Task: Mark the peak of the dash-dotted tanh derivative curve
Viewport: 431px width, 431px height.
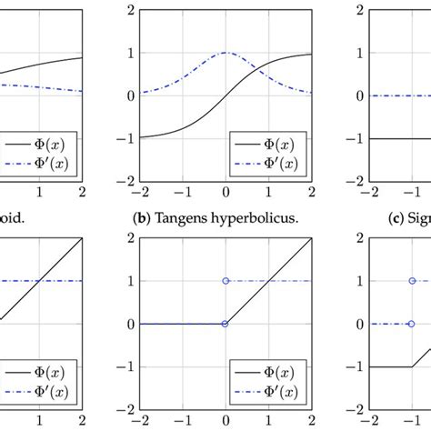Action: pos(226,52)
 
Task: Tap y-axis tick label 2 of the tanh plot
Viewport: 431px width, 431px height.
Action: pos(132,11)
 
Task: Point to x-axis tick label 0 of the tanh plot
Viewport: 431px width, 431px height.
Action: pos(226,193)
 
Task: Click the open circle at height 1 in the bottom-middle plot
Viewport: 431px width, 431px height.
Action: pos(226,281)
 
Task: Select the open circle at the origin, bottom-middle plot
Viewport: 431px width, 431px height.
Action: pos(226,324)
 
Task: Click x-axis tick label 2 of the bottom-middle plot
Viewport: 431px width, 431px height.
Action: pos(311,422)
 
